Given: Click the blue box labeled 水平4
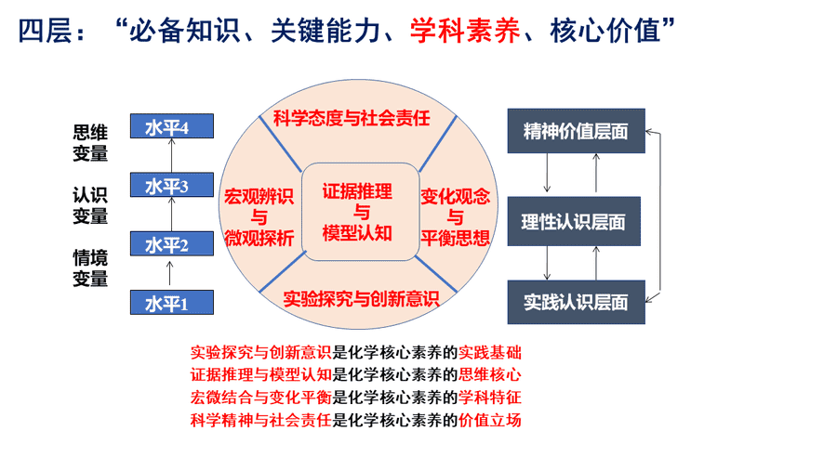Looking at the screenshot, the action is (172, 125).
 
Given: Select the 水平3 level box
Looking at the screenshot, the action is (172, 185).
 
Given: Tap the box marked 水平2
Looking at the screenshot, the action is (172, 243).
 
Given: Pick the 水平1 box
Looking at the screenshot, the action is (172, 302).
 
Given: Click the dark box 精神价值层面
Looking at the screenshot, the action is (576, 131).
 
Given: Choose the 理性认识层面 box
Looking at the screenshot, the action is (574, 221).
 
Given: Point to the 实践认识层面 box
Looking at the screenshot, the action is (576, 302).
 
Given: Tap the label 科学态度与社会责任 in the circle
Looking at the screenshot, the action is (352, 118).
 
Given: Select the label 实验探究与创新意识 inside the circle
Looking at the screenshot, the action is (362, 298).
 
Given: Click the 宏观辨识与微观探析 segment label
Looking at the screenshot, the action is (259, 217).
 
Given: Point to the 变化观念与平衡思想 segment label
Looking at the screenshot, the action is (456, 217).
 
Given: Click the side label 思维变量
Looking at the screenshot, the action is (90, 143).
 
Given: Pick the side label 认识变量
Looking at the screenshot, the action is (90, 205).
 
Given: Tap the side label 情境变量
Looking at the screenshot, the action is (90, 268).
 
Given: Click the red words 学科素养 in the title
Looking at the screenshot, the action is (465, 31).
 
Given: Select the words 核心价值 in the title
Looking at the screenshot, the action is (604, 31).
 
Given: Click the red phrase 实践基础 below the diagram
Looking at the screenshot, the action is (490, 352).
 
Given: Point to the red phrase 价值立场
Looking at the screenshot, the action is (490, 420).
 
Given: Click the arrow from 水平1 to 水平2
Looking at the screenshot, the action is (170, 273).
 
